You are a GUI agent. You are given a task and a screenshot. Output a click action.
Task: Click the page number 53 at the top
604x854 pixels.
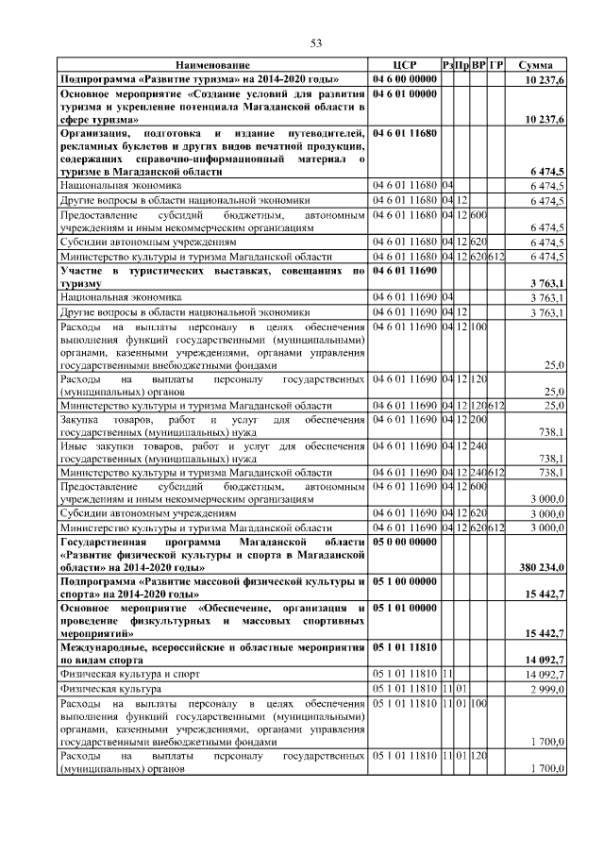pos(317,42)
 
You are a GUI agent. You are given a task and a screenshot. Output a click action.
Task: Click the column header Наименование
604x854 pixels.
pos(213,65)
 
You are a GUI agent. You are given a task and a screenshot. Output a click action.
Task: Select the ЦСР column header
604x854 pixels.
pos(404,65)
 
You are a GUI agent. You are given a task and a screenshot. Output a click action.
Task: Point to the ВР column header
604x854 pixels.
pos(478,65)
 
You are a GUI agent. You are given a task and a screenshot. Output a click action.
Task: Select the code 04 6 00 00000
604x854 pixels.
pos(405,79)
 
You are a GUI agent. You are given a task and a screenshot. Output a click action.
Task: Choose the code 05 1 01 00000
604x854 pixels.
pos(405,608)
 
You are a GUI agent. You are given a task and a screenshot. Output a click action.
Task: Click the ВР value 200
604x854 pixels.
pos(478,419)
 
